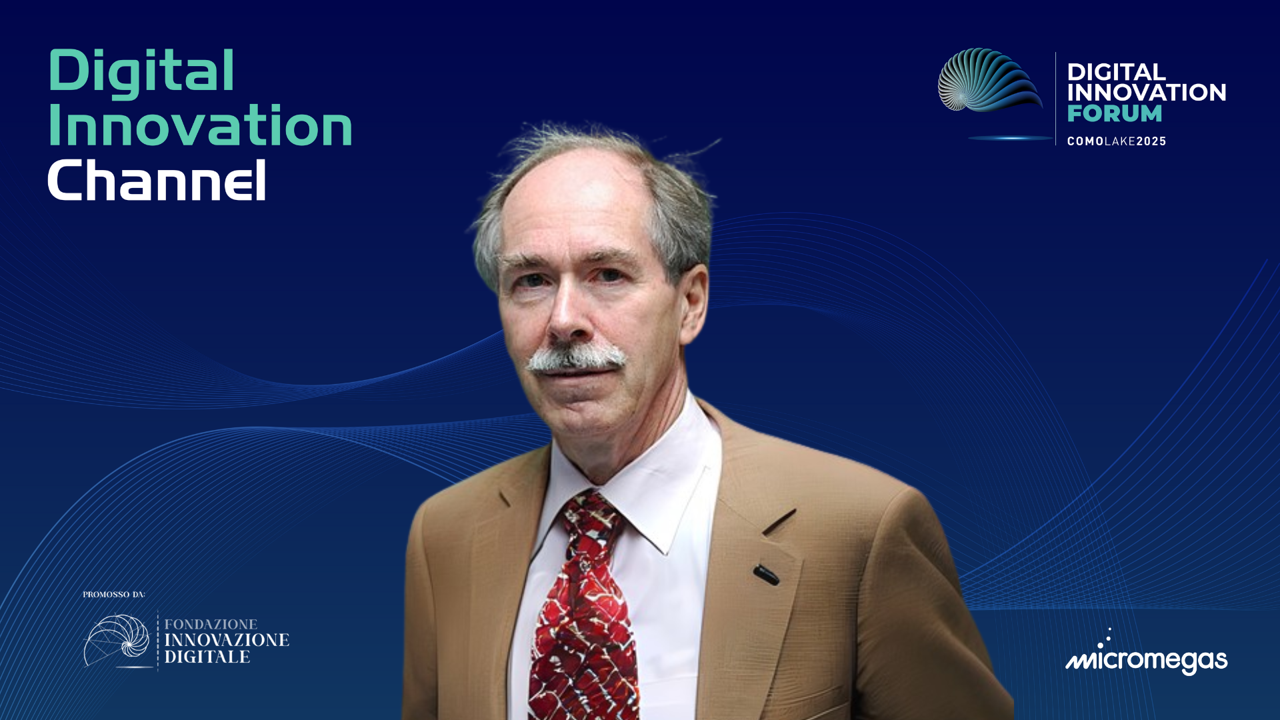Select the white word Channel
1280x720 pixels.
(157, 179)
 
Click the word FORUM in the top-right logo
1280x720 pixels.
(1114, 113)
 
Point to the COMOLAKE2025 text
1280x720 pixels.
(1117, 141)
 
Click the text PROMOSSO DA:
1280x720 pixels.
(114, 594)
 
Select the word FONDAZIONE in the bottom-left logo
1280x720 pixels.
(211, 624)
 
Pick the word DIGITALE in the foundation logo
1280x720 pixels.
(207, 657)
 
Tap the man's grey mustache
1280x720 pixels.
(576, 358)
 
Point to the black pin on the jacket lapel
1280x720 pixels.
(766, 574)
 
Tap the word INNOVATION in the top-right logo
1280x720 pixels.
(1147, 93)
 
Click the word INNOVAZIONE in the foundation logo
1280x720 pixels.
(227, 640)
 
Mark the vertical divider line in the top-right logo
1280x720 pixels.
(1056, 99)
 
